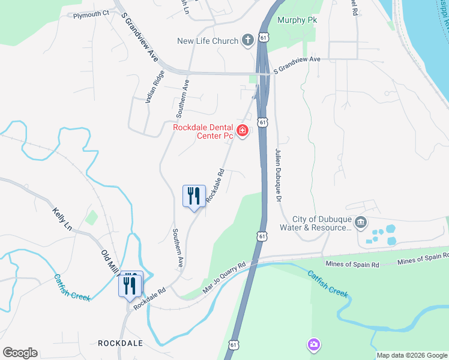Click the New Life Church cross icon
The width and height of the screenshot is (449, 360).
point(247,41)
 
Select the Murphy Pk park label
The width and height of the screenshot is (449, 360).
point(297,20)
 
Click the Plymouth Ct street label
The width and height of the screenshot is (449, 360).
point(91,13)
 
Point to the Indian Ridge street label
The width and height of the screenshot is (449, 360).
point(154,88)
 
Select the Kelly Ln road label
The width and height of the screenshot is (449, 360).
point(62,218)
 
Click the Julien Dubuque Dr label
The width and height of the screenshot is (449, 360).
point(279,175)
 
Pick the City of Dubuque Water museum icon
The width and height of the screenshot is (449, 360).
point(361,223)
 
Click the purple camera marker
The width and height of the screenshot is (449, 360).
point(313,344)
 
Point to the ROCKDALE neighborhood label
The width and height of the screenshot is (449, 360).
point(120,343)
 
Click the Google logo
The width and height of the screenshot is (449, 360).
point(20,352)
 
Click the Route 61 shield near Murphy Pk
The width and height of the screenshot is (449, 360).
point(264,37)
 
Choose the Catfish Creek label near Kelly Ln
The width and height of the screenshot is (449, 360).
point(72,287)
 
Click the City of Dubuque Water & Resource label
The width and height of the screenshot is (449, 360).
point(322,223)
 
